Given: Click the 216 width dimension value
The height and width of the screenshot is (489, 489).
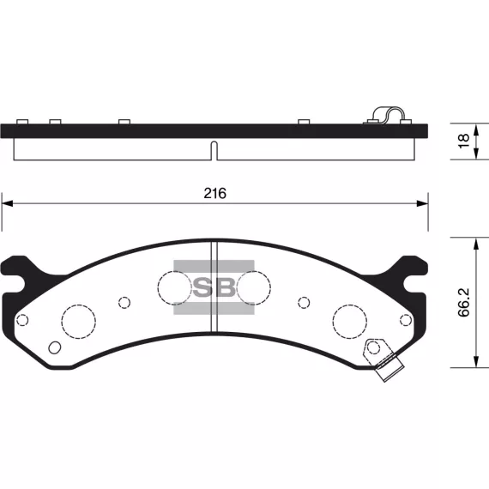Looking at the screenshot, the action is [x=214, y=193].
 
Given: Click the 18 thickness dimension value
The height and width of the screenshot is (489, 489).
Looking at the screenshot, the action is [x=464, y=141].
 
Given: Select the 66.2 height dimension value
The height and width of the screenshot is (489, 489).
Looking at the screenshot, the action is [x=464, y=303].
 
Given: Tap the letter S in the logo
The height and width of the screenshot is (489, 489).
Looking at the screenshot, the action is [x=202, y=287].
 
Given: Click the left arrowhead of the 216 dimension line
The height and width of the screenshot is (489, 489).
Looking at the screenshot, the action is [x=7, y=203].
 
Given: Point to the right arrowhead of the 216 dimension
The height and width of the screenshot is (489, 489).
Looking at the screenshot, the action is [x=423, y=203].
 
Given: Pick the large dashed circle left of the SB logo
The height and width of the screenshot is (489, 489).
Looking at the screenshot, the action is [x=174, y=287].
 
